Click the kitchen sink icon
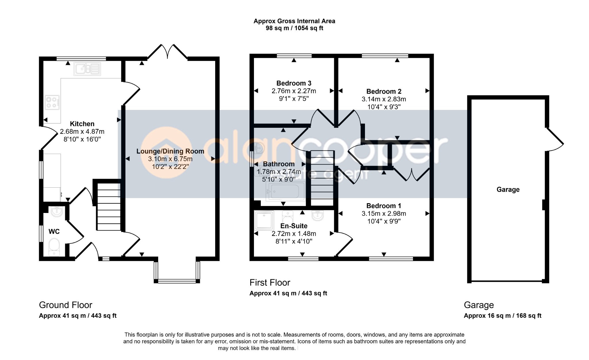coord(87,68)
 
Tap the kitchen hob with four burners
coord(52,102)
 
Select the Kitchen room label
coord(82,124)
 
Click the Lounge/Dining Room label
coord(170,151)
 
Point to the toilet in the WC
coord(54,247)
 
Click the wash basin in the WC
coord(57,212)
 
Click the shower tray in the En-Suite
coord(264,220)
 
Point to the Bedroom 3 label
coord(294,83)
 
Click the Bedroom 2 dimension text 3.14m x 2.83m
coord(384,99)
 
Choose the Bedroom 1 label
coord(384,206)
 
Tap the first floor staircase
coord(322,178)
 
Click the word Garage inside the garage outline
coord(508,189)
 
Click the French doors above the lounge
coord(167,52)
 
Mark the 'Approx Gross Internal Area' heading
coord(294,21)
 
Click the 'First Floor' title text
coord(270,283)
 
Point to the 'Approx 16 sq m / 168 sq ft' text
coord(502,316)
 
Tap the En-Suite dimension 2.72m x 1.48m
coord(294,234)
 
